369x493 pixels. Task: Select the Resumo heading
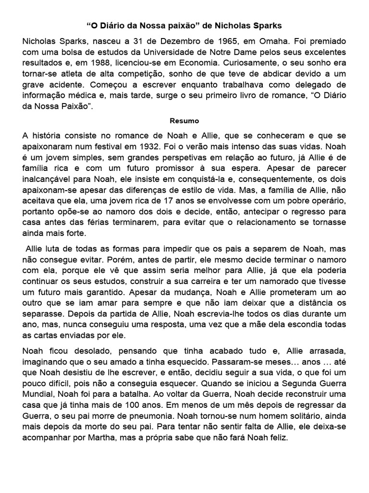184,121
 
